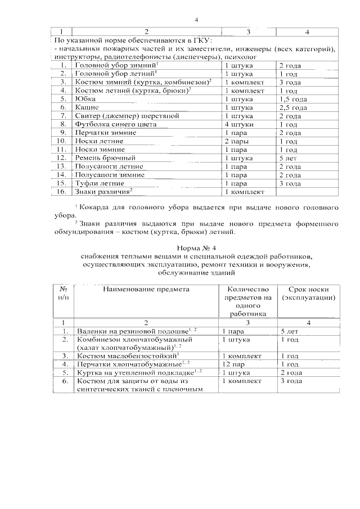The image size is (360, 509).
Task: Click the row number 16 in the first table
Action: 62,192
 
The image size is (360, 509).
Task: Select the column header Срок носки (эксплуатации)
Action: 309,293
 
